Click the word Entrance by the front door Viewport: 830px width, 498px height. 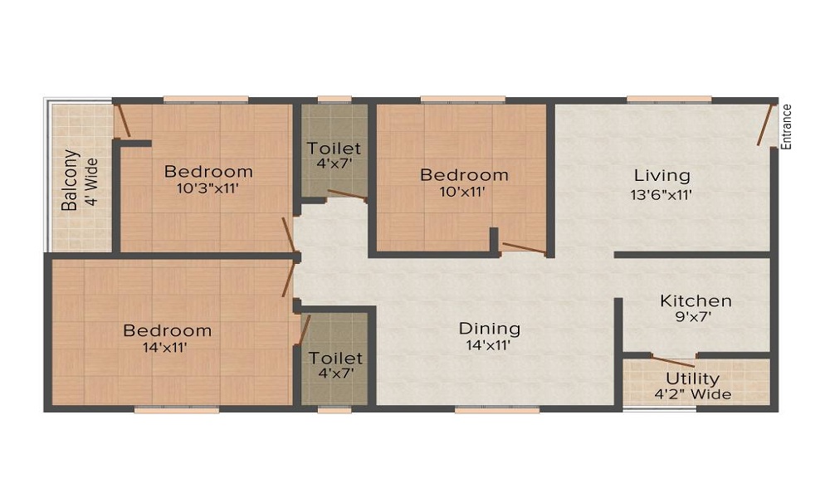coord(786,127)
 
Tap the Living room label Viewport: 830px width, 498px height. coord(662,174)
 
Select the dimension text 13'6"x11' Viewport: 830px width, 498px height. coord(662,195)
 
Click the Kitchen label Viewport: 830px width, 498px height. coord(696,300)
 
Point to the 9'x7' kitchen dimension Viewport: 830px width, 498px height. coord(696,316)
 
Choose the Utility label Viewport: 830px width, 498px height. coord(692,379)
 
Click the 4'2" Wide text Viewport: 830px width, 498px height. coord(693,394)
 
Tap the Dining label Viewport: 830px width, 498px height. coord(490,330)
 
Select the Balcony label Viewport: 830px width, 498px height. coord(71,180)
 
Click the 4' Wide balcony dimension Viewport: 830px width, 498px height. coord(91,182)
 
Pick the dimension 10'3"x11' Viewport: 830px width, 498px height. coord(207,188)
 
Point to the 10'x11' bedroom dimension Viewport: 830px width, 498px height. coord(462,191)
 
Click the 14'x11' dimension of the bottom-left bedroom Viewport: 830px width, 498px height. coord(164,347)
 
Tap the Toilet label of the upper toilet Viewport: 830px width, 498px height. coord(334,148)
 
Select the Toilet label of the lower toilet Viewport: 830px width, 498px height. coord(335,358)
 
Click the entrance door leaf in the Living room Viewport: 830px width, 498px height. coord(764,124)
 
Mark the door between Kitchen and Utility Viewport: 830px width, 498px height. coord(673,362)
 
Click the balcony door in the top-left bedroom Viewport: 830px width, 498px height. coord(124,120)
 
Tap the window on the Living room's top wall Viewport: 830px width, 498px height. coord(669,100)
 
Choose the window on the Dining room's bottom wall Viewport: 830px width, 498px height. coord(497,409)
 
